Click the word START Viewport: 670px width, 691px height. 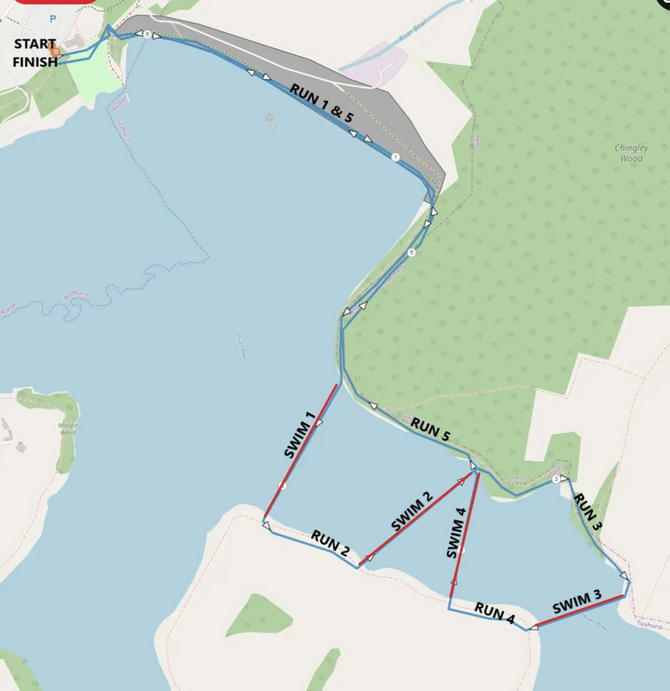point(35,44)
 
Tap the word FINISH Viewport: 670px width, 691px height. point(35,61)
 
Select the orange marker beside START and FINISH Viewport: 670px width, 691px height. point(55,52)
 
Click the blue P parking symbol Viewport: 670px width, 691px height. point(52,18)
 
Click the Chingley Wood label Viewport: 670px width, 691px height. point(629,153)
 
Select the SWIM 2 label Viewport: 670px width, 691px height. point(412,513)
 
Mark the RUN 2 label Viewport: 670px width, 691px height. point(330,543)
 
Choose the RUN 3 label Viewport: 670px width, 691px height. point(587,512)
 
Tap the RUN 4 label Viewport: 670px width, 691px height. point(494,613)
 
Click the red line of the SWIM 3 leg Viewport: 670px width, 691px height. point(579,612)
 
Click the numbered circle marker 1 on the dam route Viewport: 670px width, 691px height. point(395,157)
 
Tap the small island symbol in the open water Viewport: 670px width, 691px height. point(269,118)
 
